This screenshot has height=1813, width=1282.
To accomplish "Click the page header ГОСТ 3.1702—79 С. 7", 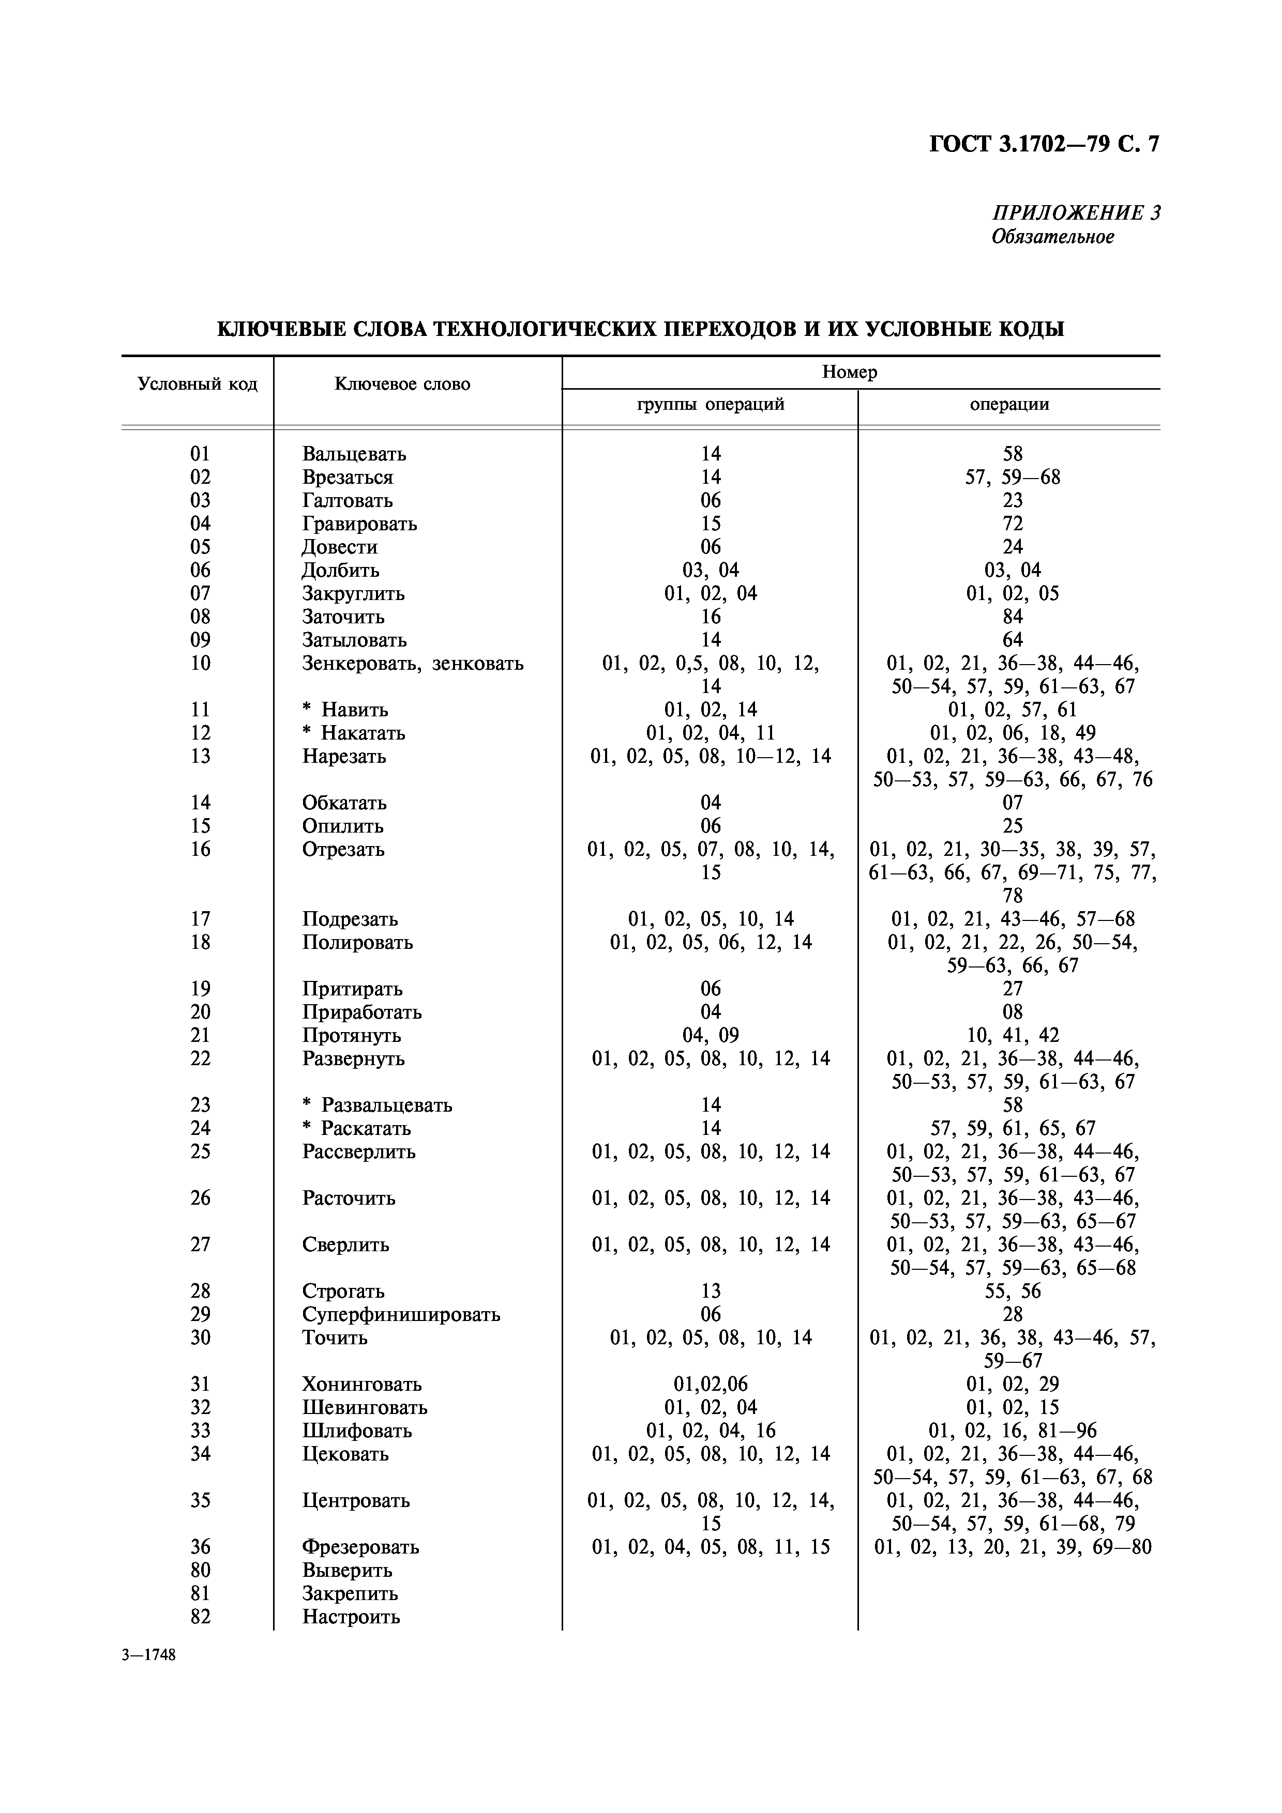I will [1044, 145].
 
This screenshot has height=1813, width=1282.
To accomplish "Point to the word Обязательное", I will [1052, 237].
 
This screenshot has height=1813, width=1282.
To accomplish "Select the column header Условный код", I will [198, 384].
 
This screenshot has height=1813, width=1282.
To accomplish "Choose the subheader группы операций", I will [710, 404].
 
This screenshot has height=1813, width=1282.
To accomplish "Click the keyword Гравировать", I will [359, 524].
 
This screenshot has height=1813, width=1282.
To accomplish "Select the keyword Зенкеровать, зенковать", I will [412, 663].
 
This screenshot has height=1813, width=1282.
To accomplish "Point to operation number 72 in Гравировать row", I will [1012, 524].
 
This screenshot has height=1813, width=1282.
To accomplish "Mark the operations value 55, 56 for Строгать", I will [1012, 1291].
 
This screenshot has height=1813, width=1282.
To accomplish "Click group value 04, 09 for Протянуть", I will [710, 1035].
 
